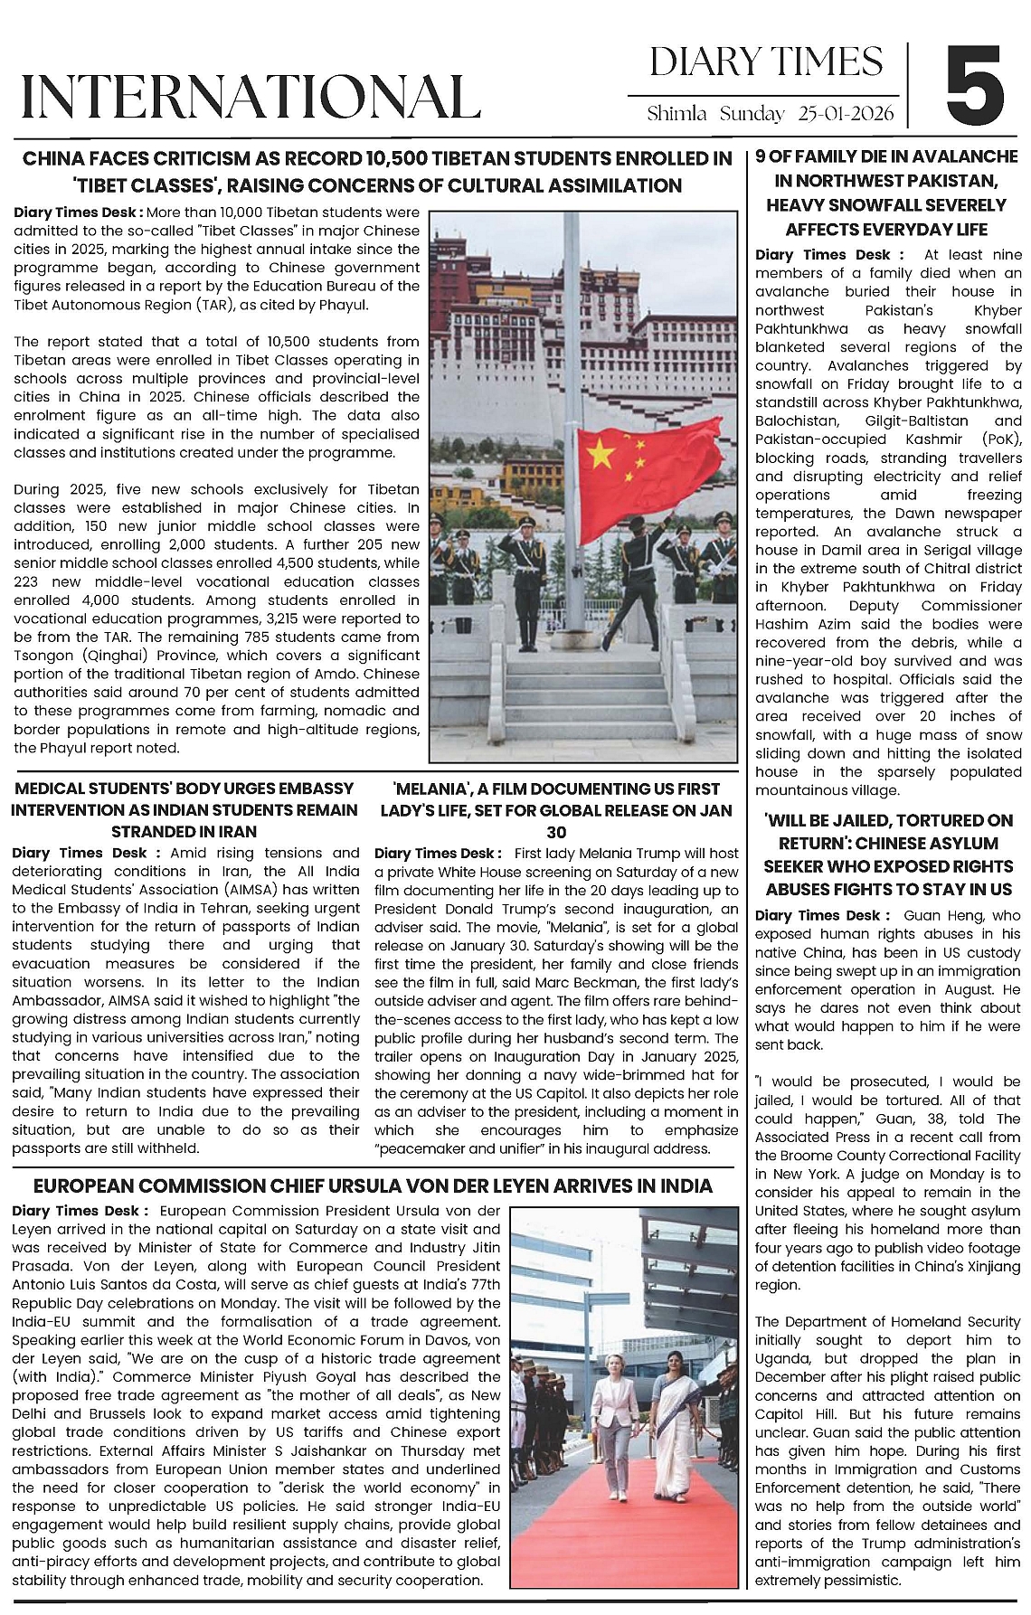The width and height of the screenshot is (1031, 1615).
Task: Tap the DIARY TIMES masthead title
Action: [x=765, y=61]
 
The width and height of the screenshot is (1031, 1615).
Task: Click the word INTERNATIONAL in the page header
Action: [x=251, y=97]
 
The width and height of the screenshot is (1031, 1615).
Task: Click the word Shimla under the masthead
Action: [x=676, y=114]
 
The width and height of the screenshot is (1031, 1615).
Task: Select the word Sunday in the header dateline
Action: [x=752, y=114]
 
